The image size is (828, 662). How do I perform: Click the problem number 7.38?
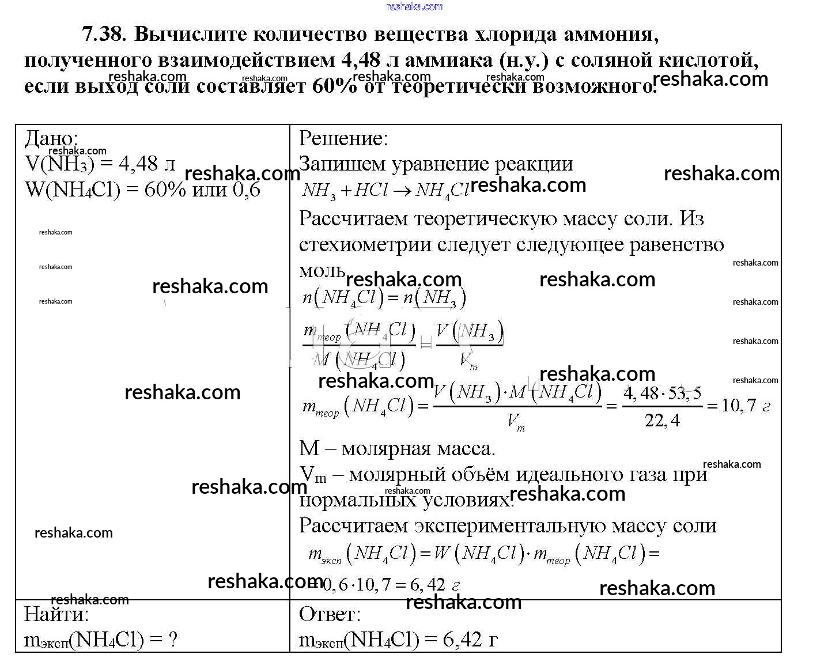[103, 35]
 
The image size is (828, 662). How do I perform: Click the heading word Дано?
[51, 138]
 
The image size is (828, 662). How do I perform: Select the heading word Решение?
[343, 138]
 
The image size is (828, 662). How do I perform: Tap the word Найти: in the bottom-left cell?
[56, 614]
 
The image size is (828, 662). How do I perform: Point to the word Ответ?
[330, 614]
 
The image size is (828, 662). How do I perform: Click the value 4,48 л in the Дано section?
[146, 164]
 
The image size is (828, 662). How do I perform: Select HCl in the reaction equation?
[371, 191]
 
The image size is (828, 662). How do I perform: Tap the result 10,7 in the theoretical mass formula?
[738, 406]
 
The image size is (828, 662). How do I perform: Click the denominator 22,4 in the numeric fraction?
[662, 421]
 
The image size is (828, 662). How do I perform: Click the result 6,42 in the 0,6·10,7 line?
[427, 585]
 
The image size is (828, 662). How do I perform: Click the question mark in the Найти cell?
[171, 640]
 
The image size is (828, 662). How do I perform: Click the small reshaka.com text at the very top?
[414, 6]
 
